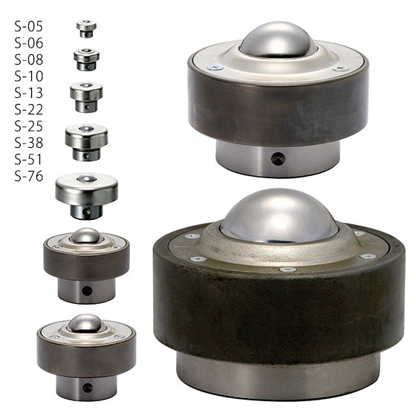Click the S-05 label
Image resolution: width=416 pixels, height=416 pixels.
point(29,27)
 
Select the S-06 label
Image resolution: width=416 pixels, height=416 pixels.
point(29,44)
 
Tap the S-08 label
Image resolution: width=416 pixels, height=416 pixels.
point(29,60)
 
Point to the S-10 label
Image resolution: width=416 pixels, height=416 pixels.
point(29,77)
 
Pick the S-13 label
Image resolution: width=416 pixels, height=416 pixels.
point(29,94)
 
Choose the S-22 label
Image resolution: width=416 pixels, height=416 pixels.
point(29,110)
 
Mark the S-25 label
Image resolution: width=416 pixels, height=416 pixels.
point(29,126)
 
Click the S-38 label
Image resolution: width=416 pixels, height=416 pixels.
point(29,143)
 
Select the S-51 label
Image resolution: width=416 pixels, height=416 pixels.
point(29,160)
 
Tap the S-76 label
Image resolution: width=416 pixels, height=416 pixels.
point(29,177)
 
